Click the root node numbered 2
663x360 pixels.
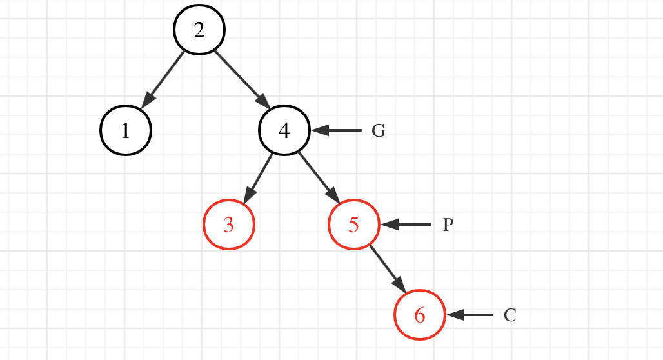click(199, 30)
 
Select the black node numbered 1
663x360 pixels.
click(126, 131)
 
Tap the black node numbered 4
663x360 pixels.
click(284, 130)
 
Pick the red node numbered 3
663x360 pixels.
click(229, 225)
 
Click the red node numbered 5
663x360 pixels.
click(354, 225)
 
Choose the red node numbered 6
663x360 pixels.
click(420, 315)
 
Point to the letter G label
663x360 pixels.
click(379, 131)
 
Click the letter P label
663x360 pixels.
click(448, 225)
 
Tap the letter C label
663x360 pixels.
click(510, 315)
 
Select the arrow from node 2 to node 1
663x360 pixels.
click(163, 78)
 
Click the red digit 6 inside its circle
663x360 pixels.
click(420, 315)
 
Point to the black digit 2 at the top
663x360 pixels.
click(199, 30)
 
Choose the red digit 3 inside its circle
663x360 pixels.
click(229, 225)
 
